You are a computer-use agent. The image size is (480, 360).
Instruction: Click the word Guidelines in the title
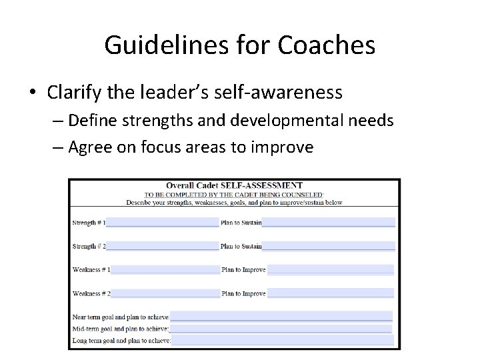159,45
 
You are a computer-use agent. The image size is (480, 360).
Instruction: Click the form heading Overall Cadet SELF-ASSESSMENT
234,185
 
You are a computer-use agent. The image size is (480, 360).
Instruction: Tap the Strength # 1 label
88,222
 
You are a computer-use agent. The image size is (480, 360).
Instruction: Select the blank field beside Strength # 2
162,246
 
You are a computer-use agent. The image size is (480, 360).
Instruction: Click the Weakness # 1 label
91,270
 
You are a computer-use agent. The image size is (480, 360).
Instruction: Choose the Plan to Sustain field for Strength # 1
328,222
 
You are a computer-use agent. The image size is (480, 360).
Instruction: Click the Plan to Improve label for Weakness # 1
243,270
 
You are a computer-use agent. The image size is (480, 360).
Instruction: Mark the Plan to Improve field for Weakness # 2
330,293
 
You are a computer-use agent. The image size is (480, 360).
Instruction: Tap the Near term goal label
121,317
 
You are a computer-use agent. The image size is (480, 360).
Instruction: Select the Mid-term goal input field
281,329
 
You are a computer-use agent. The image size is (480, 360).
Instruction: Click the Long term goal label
121,340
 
